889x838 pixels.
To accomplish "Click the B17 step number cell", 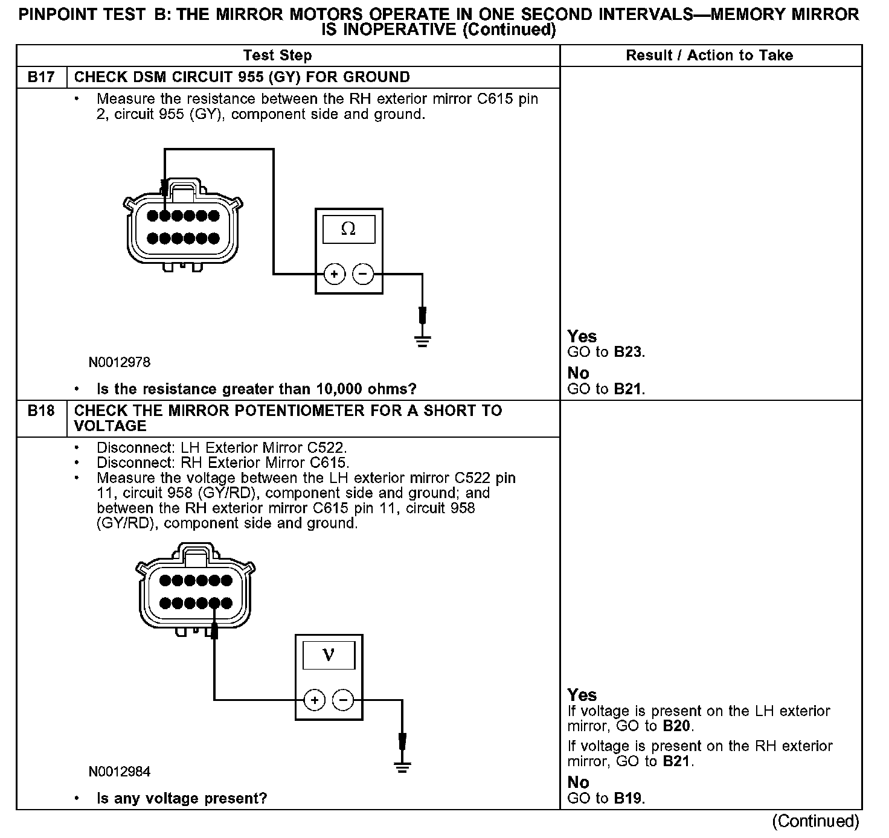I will pyautogui.click(x=41, y=77).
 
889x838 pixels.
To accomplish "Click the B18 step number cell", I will pyautogui.click(x=41, y=411).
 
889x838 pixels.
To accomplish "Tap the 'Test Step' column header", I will pyautogui.click(x=277, y=56).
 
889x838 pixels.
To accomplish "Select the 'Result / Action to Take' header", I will pyautogui.click(x=710, y=56).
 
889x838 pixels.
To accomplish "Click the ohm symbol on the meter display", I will pyautogui.click(x=348, y=229).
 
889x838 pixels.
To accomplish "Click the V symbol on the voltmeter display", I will pyautogui.click(x=329, y=654).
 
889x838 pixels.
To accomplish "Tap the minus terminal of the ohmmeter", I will pyautogui.click(x=362, y=274).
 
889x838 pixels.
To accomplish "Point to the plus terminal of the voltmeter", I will pyautogui.click(x=314, y=700).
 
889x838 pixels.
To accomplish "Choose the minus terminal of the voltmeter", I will pyautogui.click(x=343, y=700).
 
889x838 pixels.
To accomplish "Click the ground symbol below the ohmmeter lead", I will pyautogui.click(x=422, y=342).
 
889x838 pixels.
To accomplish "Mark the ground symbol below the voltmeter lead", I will pyautogui.click(x=402, y=767).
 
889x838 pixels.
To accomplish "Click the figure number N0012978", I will pyautogui.click(x=120, y=362).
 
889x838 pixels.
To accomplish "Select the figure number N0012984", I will pyautogui.click(x=120, y=772).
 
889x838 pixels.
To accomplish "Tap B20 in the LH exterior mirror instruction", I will pyautogui.click(x=676, y=726).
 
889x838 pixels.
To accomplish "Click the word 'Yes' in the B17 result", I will pyautogui.click(x=582, y=337).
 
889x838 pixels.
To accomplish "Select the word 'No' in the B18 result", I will pyautogui.click(x=578, y=782).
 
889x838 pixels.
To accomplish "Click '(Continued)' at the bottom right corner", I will pyautogui.click(x=815, y=821).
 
